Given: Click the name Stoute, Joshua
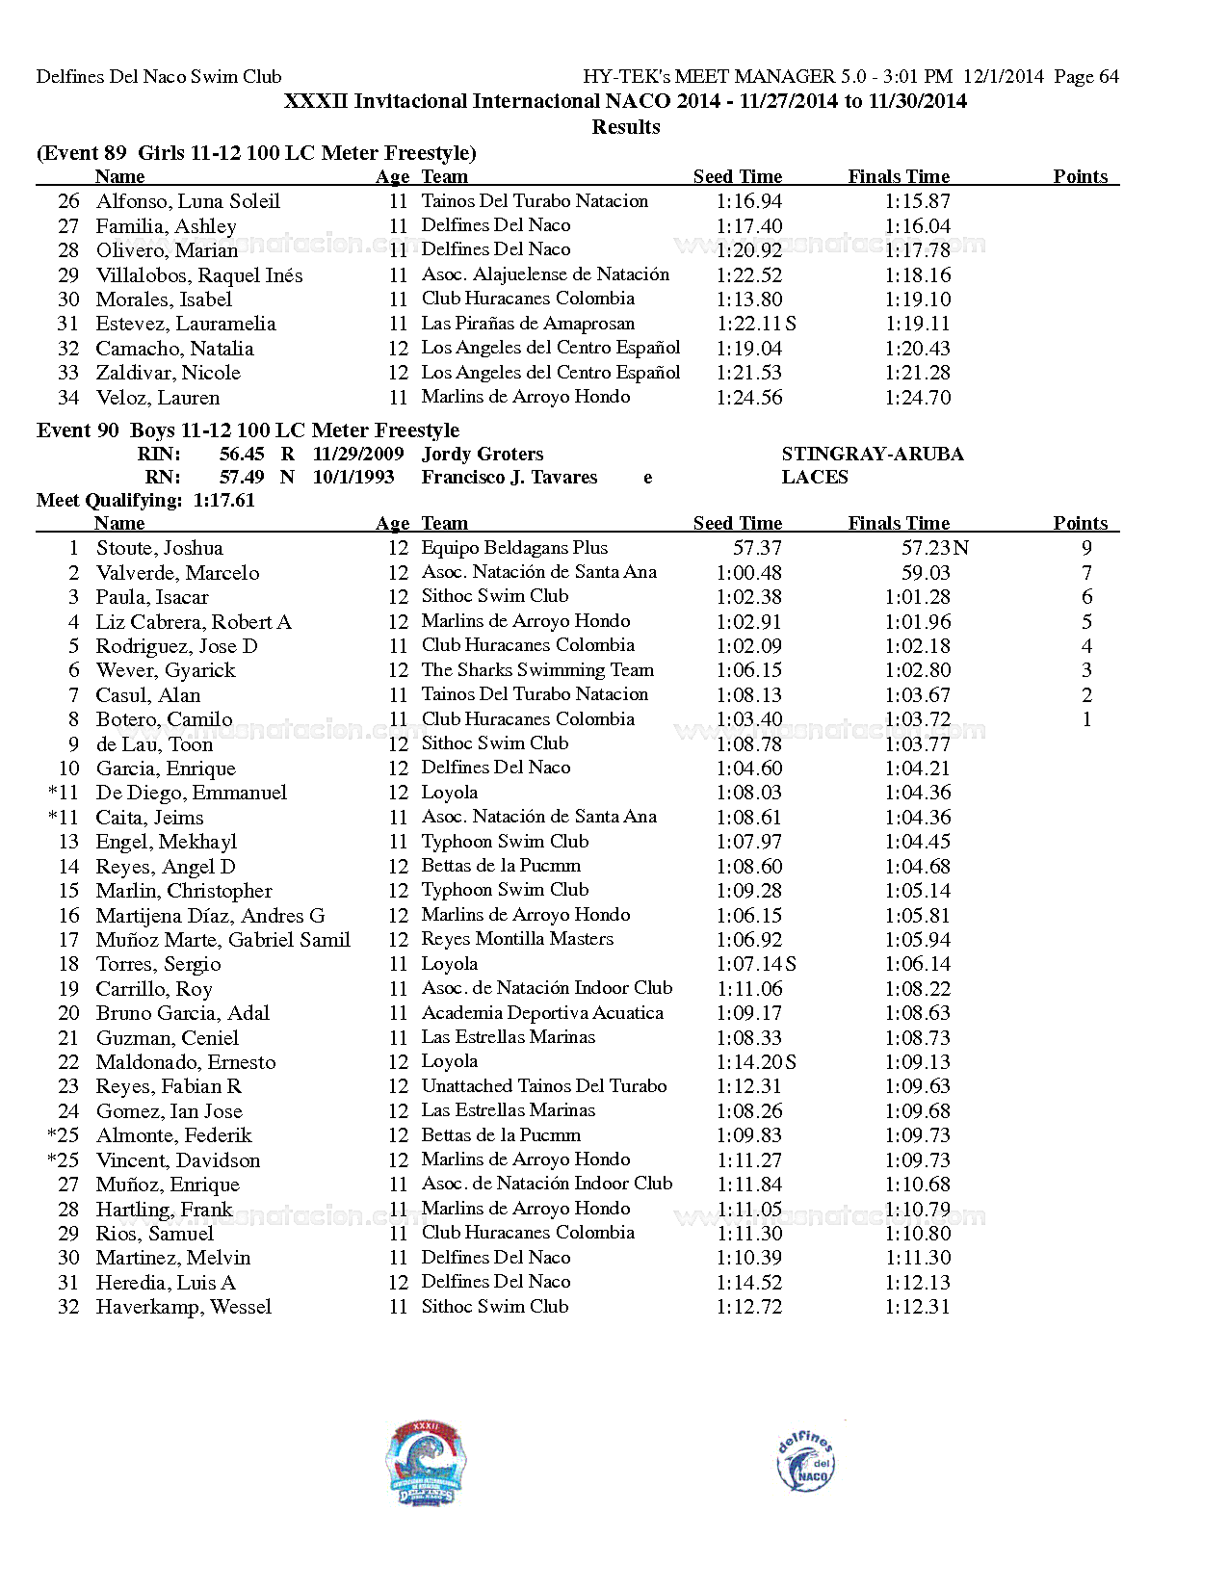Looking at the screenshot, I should tap(159, 548).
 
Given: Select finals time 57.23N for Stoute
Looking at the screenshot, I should tap(934, 548).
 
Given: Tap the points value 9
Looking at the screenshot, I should tap(1086, 548).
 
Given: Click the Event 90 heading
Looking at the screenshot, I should tap(248, 430).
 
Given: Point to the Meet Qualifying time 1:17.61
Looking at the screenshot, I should tap(223, 500).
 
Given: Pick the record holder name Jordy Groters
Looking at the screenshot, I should tap(482, 454).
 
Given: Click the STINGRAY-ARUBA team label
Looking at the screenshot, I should tap(872, 454).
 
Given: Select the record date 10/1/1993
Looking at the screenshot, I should tap(353, 477).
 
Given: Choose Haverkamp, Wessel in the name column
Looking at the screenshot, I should tap(183, 1307).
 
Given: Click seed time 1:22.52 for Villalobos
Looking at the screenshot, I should tap(748, 274).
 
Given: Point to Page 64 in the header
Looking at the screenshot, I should tap(1086, 76).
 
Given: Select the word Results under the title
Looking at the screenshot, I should tap(625, 127).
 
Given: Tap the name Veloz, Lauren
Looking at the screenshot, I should tap(157, 398).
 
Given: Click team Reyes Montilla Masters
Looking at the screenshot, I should tap(517, 939).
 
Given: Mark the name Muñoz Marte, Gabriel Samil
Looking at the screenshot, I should tap(222, 940).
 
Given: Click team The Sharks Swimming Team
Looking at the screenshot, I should tap(537, 670).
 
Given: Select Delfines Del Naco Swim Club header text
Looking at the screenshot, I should tap(159, 76).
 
